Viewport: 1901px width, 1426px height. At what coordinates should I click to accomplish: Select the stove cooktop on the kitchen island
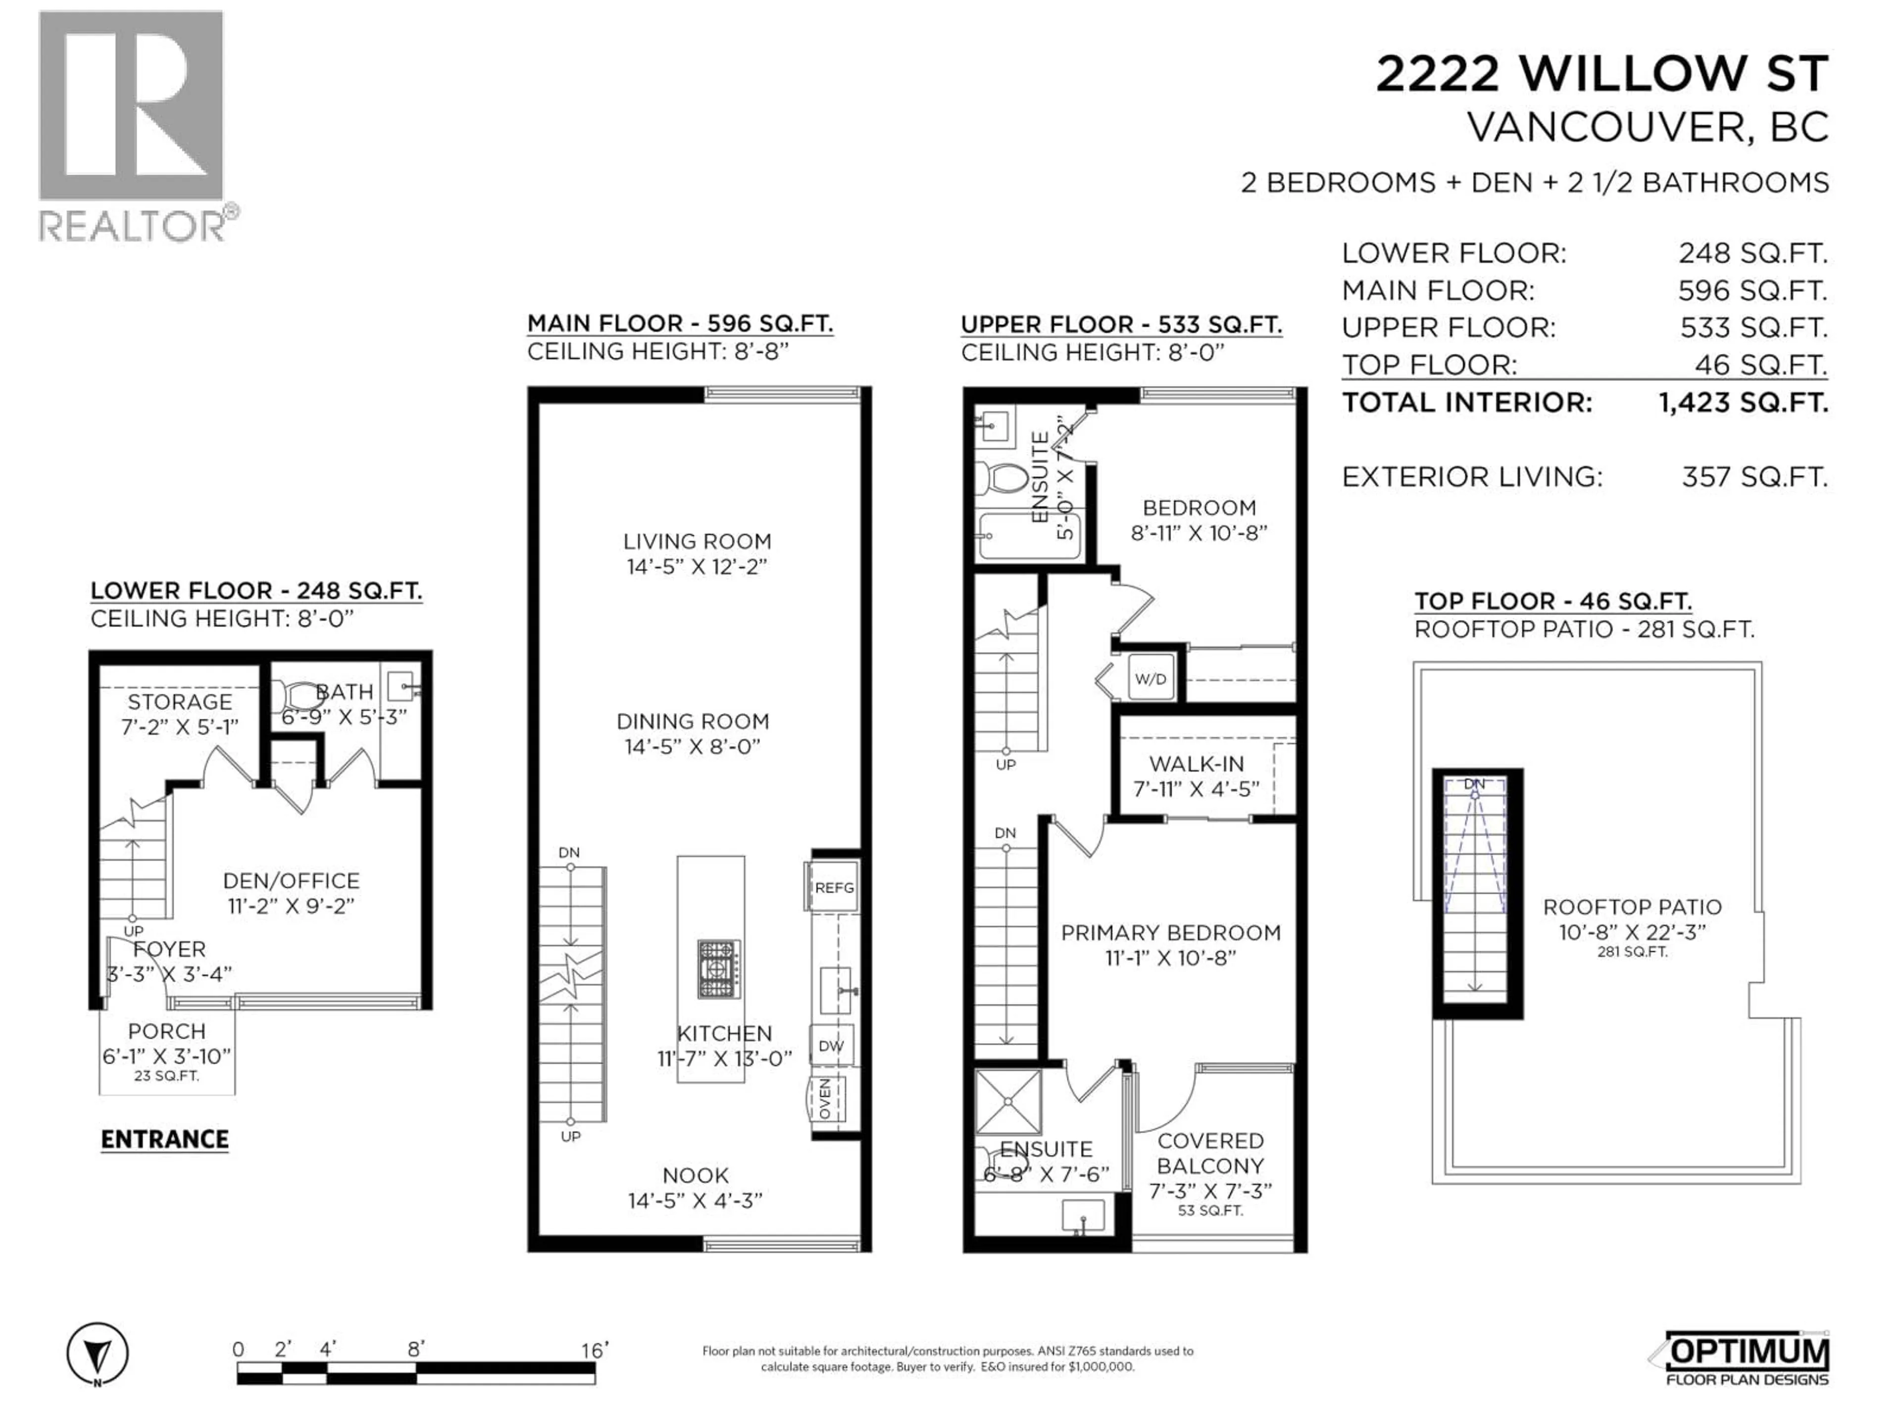pyautogui.click(x=719, y=968)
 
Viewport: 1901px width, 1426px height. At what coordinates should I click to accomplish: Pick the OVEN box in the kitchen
pyautogui.click(x=828, y=1099)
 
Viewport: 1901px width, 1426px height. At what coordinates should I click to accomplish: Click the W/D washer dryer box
pyautogui.click(x=1151, y=679)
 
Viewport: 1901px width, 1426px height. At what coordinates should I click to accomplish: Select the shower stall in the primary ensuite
pyautogui.click(x=1008, y=1101)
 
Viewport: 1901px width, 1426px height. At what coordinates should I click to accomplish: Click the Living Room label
pyautogui.click(x=697, y=542)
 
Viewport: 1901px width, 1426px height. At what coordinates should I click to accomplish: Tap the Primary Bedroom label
pyautogui.click(x=1170, y=933)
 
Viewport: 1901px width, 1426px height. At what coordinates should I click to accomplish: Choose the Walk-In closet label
pyautogui.click(x=1196, y=764)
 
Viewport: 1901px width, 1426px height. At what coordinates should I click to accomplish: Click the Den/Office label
pyautogui.click(x=291, y=880)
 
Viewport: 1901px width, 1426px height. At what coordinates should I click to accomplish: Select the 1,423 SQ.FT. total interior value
pyautogui.click(x=1743, y=402)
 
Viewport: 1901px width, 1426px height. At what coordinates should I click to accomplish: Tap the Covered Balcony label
pyautogui.click(x=1210, y=1154)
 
